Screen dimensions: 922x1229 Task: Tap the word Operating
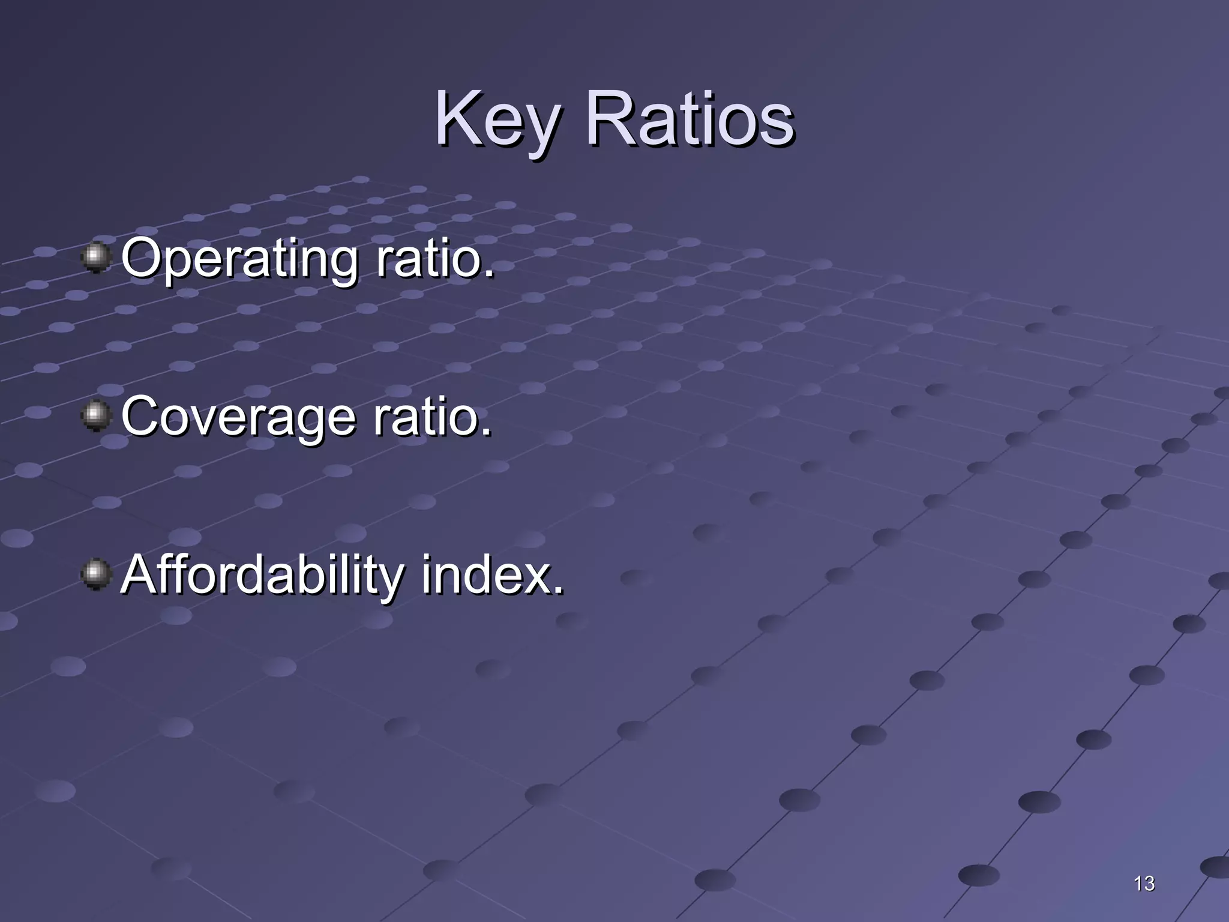[x=239, y=259]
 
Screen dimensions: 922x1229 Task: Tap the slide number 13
[x=1144, y=883]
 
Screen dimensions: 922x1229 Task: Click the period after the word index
[x=559, y=591]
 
